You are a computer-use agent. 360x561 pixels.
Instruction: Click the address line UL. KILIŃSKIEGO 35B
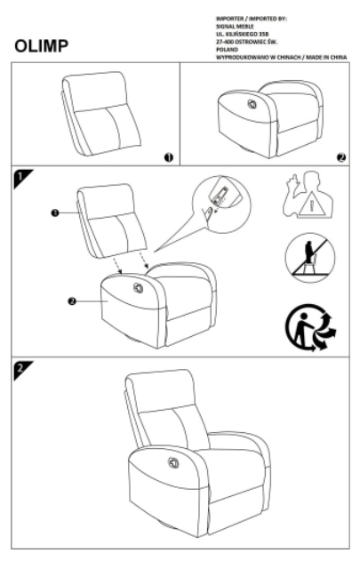(240, 34)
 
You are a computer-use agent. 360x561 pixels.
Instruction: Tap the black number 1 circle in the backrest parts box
(166, 156)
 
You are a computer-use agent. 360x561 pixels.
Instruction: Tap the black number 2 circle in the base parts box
(340, 156)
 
